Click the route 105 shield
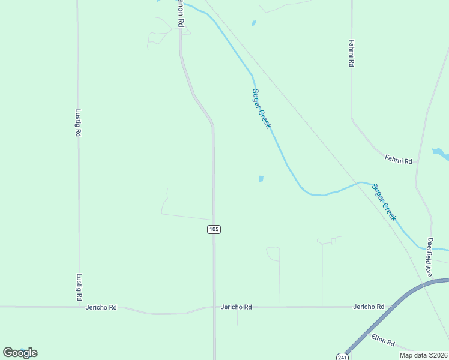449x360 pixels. (214, 229)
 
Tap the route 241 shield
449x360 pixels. (341, 356)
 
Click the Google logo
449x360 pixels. (20, 353)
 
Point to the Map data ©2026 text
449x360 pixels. (423, 355)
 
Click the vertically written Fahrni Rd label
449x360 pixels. (352, 53)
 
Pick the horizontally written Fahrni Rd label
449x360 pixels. (399, 160)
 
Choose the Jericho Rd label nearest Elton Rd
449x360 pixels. (369, 307)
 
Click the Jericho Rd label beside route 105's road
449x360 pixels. (236, 307)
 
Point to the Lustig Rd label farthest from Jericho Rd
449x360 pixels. (78, 122)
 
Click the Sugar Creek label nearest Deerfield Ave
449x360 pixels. (384, 202)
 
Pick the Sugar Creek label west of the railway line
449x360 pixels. (262, 109)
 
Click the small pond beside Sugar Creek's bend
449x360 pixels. (261, 179)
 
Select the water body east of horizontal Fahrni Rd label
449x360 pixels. (441, 154)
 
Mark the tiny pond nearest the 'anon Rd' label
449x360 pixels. (253, 23)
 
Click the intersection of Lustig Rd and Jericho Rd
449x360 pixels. (79, 307)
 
